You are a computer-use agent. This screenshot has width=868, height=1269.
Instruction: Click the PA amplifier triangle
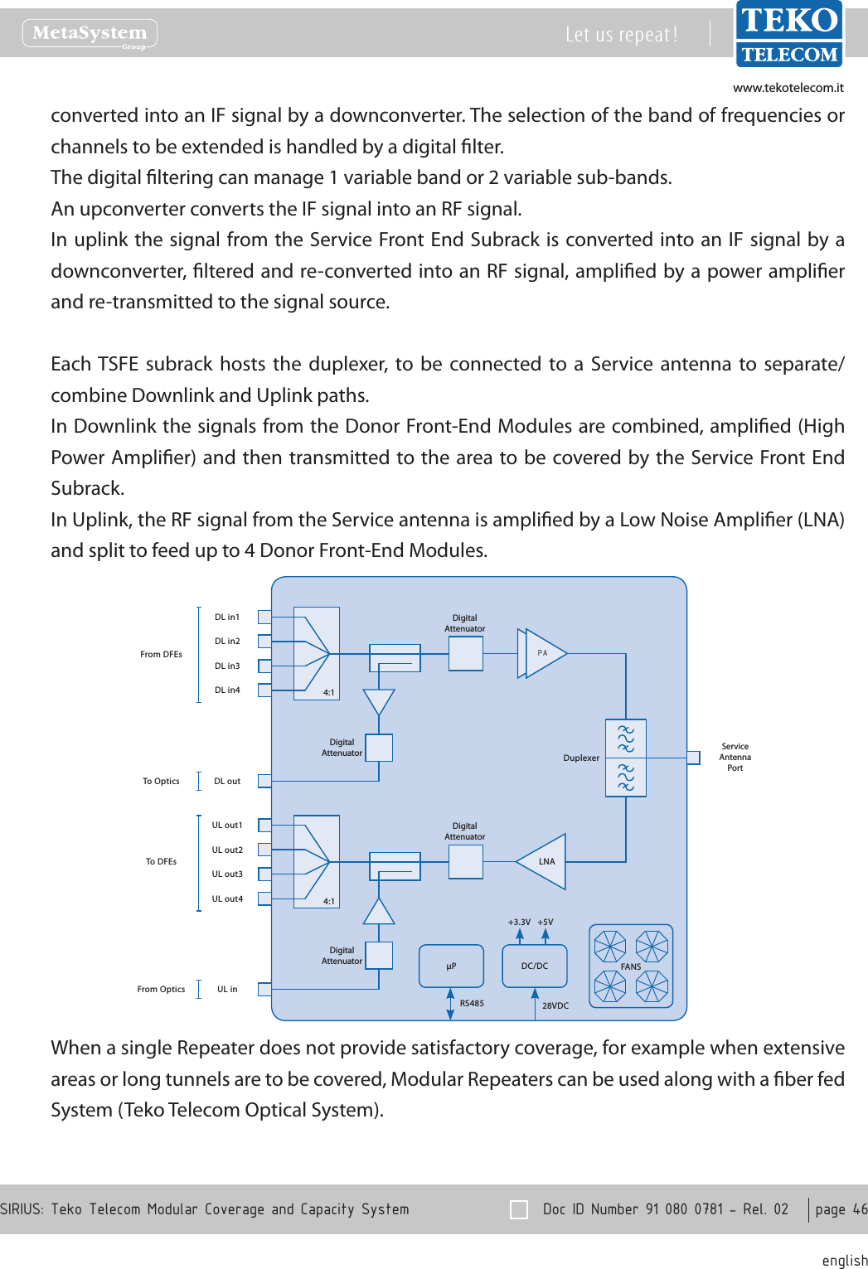[x=543, y=653]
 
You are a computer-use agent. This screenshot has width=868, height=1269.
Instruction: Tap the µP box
[x=451, y=966]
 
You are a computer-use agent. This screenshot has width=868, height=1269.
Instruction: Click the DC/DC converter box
[x=535, y=966]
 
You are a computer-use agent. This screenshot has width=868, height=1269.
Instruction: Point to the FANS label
[x=631, y=966]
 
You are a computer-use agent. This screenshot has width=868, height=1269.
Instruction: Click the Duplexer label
[x=581, y=758]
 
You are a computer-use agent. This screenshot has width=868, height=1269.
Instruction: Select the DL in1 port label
[x=227, y=617]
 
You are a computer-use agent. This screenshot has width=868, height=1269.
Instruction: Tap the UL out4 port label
[x=227, y=898]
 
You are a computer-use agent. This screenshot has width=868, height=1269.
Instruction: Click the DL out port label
[x=227, y=781]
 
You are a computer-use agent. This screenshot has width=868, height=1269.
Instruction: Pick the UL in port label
[x=227, y=989]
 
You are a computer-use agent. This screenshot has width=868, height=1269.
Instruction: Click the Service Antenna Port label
[x=735, y=757]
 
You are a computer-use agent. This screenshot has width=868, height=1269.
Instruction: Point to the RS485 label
[x=472, y=1003]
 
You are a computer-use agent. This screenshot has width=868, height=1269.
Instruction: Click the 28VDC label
[x=555, y=1005]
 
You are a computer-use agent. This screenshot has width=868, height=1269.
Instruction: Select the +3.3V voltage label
[x=519, y=922]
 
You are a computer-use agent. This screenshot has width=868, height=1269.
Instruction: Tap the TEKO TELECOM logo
[x=788, y=34]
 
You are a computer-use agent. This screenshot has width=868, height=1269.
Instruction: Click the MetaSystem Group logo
[x=90, y=34]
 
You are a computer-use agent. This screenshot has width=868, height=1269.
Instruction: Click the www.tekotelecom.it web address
[x=788, y=88]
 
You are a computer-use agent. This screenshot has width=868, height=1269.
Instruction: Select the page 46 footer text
[x=841, y=1209]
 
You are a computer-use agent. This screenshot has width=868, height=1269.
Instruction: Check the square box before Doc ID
[x=519, y=1209]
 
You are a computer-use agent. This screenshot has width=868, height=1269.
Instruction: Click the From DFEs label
[x=161, y=654]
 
